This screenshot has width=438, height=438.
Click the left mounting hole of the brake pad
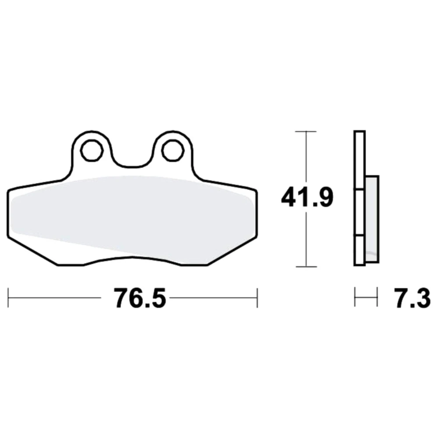[92, 151]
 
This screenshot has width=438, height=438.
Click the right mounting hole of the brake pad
[173, 151]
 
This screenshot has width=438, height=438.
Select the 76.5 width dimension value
[140, 298]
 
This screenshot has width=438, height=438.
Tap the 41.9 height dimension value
[307, 198]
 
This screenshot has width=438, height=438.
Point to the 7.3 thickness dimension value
[413, 298]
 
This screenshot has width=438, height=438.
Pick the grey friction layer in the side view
[372, 219]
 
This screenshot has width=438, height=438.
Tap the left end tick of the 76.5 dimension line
[8, 298]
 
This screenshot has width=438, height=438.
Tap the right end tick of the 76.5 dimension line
[257, 298]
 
